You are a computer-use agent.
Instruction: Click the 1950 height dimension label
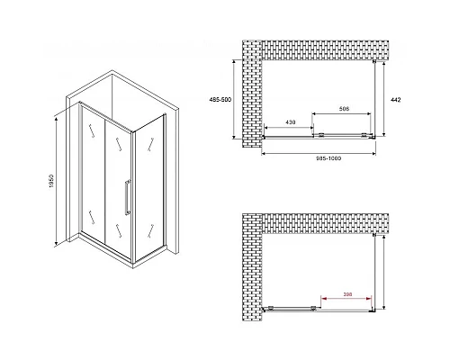coord(51,181)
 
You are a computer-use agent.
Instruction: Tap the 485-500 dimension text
coord(220,100)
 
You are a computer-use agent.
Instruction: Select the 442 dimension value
coord(395,100)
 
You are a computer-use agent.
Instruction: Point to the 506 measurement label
coord(344,109)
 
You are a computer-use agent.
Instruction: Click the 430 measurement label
coord(290,122)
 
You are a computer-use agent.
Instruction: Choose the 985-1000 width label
coord(328,158)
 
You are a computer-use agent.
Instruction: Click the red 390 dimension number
coord(347,294)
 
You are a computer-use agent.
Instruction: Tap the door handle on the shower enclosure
coord(128,197)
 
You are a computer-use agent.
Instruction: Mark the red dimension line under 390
coord(346,299)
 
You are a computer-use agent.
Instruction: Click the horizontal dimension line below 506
coord(342,113)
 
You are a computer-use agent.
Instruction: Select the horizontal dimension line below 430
coord(289,128)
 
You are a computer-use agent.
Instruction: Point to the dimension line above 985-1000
coord(319,154)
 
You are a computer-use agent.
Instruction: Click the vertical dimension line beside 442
coord(383,99)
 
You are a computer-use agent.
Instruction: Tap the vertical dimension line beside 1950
coord(56,182)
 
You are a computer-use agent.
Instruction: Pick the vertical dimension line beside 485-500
coord(234,99)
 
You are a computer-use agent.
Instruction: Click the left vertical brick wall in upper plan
coord(252,94)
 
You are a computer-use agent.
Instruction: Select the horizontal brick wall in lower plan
coord(326,224)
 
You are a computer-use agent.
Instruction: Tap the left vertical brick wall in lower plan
coord(252,267)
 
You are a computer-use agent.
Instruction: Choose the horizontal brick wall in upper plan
coord(326,50)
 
